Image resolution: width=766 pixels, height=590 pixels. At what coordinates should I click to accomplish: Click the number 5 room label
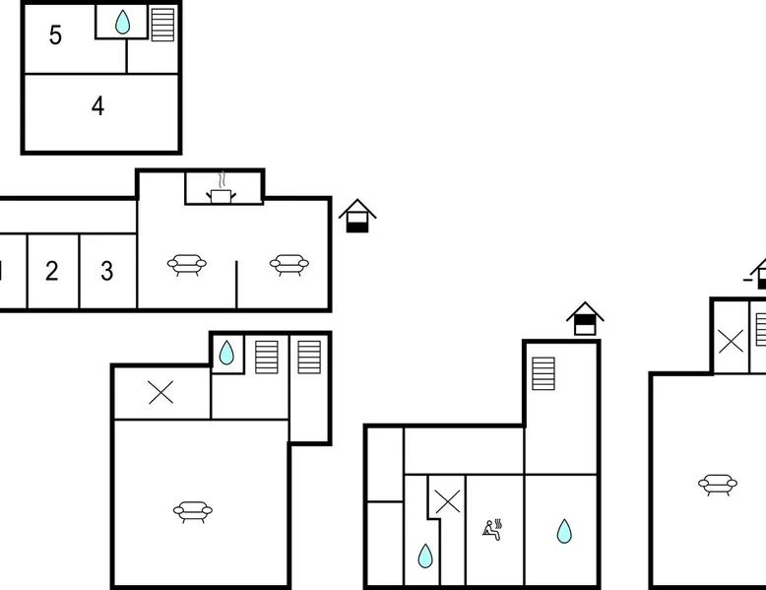click(x=56, y=35)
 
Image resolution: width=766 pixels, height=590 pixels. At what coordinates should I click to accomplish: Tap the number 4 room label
click(x=97, y=105)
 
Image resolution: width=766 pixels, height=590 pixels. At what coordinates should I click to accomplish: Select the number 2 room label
click(x=52, y=271)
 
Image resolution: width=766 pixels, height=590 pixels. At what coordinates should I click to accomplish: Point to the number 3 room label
click(x=107, y=271)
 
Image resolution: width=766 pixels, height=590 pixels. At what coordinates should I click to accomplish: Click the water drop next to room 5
click(x=123, y=23)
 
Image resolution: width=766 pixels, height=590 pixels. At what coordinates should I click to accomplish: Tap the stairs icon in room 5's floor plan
click(x=162, y=25)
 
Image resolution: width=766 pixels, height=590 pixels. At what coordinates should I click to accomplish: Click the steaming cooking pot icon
click(x=221, y=188)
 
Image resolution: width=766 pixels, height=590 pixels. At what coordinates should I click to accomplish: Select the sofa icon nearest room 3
click(x=187, y=265)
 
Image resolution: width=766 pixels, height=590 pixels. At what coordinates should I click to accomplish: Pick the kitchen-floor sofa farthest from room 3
click(x=289, y=265)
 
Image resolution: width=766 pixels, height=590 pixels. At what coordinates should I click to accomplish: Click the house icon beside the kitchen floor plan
click(x=357, y=216)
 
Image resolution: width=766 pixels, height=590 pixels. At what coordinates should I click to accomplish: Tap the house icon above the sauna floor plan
click(x=585, y=318)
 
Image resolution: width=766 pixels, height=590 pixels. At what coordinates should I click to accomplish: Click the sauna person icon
click(x=492, y=530)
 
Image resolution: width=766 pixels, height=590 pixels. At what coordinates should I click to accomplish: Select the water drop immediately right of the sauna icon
click(x=564, y=531)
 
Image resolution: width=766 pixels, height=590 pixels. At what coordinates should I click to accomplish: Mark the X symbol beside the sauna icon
click(x=447, y=501)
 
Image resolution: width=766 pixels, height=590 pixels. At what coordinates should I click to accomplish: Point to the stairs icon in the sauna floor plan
click(x=543, y=374)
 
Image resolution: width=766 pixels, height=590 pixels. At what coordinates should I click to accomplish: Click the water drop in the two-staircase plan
click(x=226, y=353)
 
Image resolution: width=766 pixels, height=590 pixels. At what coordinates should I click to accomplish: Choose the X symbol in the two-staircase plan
click(x=160, y=392)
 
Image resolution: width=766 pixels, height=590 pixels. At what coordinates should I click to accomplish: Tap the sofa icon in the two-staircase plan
click(x=193, y=512)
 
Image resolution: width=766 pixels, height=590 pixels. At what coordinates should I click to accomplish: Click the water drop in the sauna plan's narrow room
click(x=425, y=556)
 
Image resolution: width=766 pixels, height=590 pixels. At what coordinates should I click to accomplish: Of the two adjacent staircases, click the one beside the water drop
click(x=266, y=358)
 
